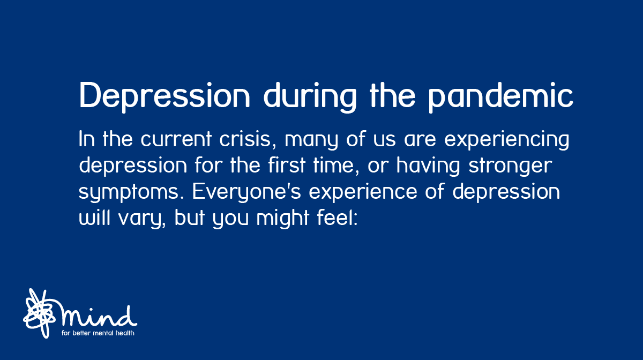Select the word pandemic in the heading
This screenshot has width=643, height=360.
click(502, 97)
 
